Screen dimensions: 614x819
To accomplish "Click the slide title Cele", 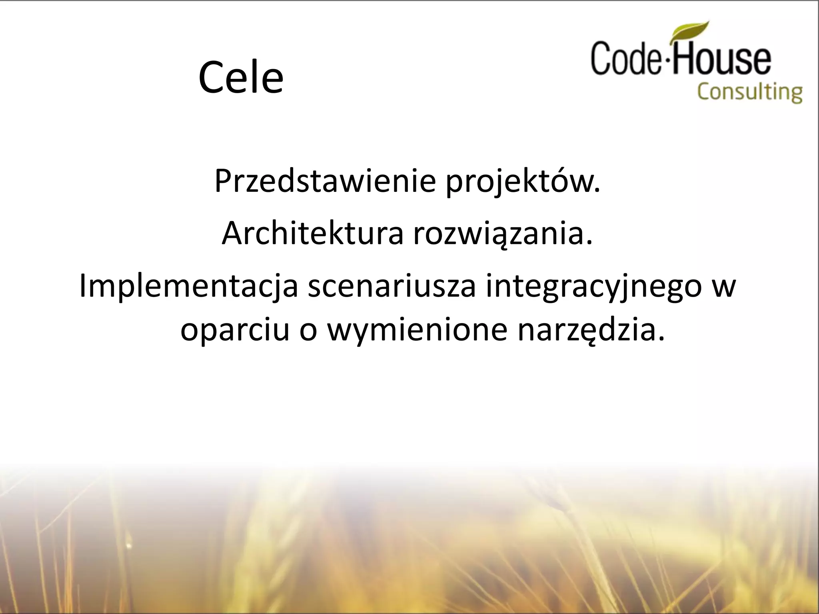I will pyautogui.click(x=241, y=77).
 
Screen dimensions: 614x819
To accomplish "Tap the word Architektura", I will pyautogui.click(x=312, y=233).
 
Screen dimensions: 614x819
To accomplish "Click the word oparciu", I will pyautogui.click(x=235, y=331).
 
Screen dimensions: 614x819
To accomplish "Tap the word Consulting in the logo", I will pyautogui.click(x=750, y=92).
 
